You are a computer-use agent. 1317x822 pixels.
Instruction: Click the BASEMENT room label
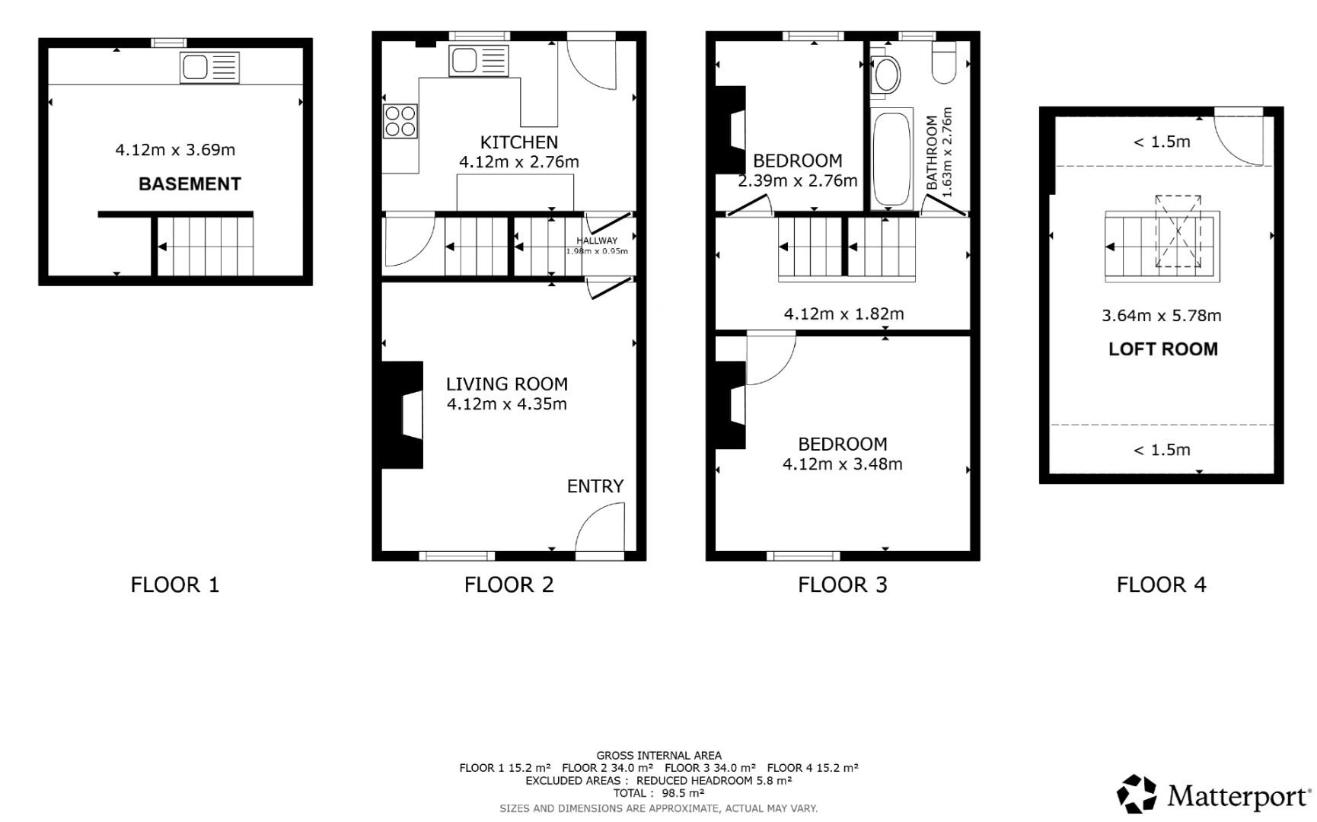point(190,183)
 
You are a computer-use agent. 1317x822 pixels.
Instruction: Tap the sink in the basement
point(209,68)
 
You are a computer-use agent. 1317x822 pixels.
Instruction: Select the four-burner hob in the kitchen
point(400,121)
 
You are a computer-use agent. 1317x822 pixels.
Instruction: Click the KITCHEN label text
point(518,142)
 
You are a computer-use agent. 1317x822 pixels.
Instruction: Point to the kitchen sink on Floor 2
point(478,61)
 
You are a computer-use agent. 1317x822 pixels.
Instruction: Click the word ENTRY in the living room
point(595,486)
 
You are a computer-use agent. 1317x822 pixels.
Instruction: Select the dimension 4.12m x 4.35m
point(506,404)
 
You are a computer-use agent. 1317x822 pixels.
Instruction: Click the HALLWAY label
point(597,241)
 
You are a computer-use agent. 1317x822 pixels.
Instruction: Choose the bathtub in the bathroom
point(891,159)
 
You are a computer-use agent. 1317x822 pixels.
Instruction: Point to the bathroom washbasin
point(885,75)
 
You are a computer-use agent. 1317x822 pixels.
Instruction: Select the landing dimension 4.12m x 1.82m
point(843,314)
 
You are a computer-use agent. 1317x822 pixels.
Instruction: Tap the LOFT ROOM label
point(1162,349)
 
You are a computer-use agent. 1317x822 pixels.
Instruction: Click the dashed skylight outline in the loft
point(1178,231)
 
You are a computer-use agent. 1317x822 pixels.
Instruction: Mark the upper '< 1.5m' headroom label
point(1161,142)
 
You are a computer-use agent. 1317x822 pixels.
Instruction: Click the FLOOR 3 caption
point(842,585)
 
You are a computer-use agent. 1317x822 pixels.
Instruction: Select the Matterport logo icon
point(1137,794)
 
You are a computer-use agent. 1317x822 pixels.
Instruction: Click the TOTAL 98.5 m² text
point(658,793)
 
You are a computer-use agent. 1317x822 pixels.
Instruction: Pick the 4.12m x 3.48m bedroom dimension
point(842,464)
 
